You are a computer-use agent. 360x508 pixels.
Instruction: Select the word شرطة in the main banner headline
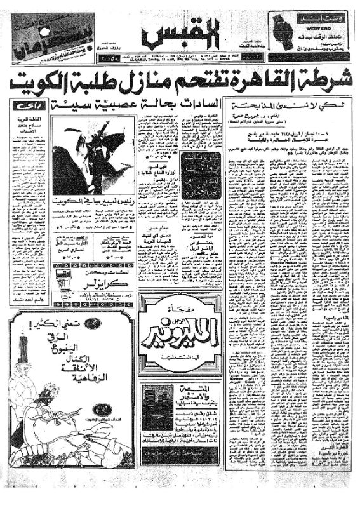click(x=328, y=81)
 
